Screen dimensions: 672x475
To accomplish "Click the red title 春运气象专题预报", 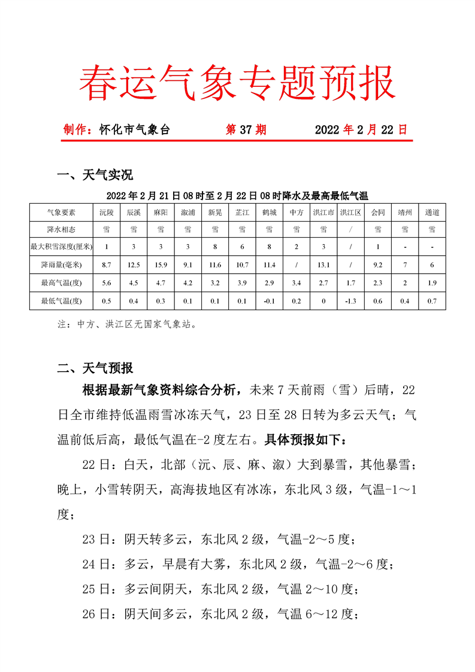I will [237, 81].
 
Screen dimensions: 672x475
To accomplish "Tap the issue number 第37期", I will [246, 130].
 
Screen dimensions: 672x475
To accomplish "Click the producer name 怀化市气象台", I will [135, 130].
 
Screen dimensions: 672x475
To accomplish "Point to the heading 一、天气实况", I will [95, 175].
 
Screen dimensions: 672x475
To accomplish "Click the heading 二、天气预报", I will [95, 368].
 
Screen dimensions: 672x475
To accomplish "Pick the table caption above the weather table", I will [237, 195].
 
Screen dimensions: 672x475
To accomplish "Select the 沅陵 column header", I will [106, 212].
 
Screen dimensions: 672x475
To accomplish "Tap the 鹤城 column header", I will [269, 212].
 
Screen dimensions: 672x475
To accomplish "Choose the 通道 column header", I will [432, 212].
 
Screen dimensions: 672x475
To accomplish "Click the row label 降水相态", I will [62, 229].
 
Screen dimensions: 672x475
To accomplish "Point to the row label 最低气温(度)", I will [62, 301].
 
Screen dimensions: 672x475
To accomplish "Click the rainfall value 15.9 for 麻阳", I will [161, 265].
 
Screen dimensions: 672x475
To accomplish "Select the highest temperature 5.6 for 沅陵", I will [106, 283].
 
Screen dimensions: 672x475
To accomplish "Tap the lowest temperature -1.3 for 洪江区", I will [350, 301].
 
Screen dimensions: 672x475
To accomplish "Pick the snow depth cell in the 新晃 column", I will [214, 247].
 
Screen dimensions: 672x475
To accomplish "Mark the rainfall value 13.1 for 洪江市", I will [323, 265].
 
